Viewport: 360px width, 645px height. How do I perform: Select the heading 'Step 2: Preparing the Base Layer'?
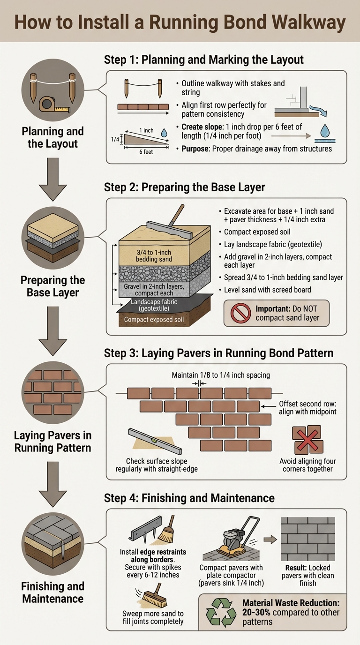[x=184, y=187]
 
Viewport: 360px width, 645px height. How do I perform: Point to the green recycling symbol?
[x=221, y=612]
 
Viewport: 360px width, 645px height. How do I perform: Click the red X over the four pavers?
[x=307, y=440]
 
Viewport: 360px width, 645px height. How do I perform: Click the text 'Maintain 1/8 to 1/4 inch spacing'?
[x=221, y=375]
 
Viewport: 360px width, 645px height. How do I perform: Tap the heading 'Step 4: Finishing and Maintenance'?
[x=189, y=498]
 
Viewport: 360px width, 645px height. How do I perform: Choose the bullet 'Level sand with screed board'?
[x=267, y=290]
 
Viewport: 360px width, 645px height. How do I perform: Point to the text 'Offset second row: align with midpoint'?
[x=307, y=408]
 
